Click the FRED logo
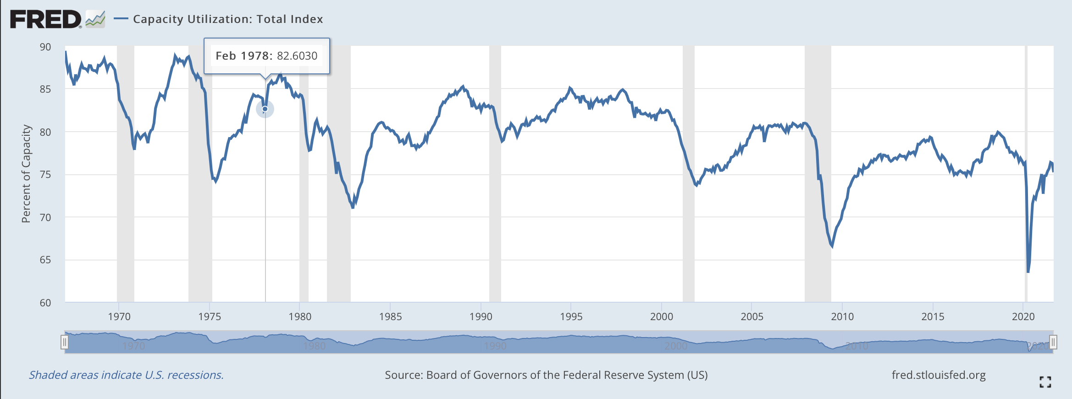46,19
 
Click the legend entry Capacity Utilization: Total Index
227,19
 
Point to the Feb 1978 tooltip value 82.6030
297,56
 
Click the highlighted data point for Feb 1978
265,109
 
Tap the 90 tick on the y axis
45,47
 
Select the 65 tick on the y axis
45,260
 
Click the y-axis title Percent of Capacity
26,174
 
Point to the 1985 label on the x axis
390,316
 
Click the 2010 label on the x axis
842,316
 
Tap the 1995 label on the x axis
571,316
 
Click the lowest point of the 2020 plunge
1028,272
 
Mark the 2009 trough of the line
832,247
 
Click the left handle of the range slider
65,342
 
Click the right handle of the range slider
1053,342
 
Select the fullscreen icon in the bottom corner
1045,382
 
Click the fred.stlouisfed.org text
938,375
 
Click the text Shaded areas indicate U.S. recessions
127,375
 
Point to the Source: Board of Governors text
546,375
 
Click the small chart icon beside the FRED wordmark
95,19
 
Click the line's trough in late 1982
353,208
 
